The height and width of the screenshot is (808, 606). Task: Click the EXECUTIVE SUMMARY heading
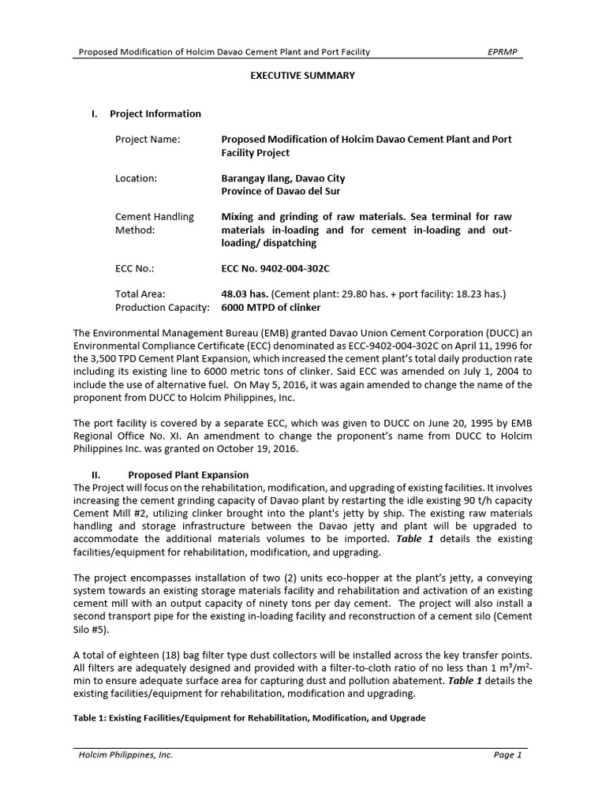(303, 76)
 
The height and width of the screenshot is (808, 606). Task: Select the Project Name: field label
(148, 140)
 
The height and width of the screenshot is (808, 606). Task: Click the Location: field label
(136, 178)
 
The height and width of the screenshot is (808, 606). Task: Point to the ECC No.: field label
(134, 268)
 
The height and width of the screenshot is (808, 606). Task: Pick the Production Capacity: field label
(163, 307)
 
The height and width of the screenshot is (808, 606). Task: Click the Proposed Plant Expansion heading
(188, 475)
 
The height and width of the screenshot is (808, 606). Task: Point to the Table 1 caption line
(249, 718)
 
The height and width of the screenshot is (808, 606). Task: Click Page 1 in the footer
(507, 755)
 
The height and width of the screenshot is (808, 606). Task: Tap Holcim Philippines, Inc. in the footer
(125, 755)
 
